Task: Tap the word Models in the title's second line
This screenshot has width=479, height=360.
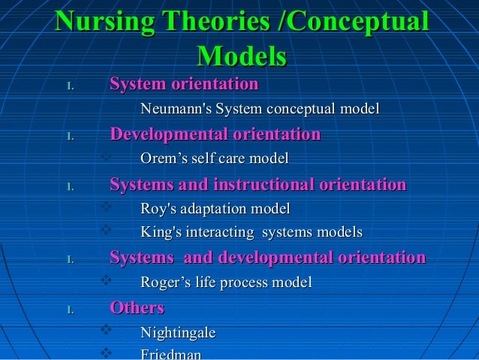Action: [x=241, y=57]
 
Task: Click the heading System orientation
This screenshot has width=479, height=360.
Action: [x=184, y=84]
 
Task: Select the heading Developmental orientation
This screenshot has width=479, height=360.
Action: [x=215, y=135]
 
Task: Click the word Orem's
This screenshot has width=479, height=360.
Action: [x=163, y=159]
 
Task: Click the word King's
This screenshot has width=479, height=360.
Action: [x=160, y=232]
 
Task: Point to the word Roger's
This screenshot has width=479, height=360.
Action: [x=166, y=283]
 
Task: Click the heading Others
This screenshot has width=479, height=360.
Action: [x=137, y=308]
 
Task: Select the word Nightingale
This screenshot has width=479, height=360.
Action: [x=178, y=332]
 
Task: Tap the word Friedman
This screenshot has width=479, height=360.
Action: [x=170, y=354]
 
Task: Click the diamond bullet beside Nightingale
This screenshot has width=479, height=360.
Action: [x=105, y=331]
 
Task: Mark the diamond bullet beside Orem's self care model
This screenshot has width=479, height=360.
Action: [x=105, y=158]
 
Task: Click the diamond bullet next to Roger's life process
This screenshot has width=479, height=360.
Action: [x=105, y=282]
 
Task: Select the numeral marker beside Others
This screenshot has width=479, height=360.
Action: [x=69, y=309]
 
